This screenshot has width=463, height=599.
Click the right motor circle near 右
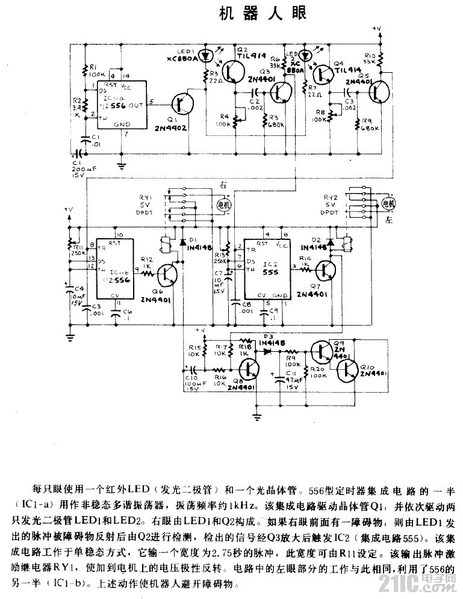coord(223,205)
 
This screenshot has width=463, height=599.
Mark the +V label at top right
coord(378,28)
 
